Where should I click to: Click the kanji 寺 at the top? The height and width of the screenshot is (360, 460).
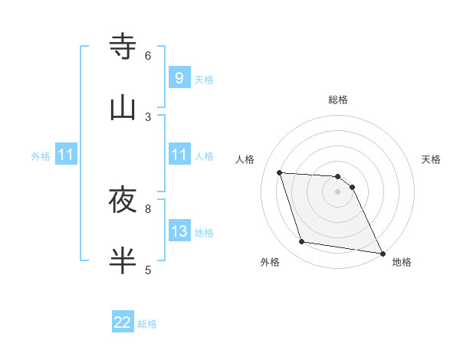(x=123, y=47)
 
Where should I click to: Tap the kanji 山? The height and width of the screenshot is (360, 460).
(x=123, y=108)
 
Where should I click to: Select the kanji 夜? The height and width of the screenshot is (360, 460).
(x=123, y=201)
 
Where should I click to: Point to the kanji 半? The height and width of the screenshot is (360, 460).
(x=123, y=261)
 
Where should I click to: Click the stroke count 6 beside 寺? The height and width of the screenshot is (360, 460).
(x=148, y=55)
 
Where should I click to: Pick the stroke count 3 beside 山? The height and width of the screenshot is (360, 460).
(x=148, y=116)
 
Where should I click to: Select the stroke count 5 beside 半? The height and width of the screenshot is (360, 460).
(x=148, y=270)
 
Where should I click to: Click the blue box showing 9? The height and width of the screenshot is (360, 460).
(x=179, y=77)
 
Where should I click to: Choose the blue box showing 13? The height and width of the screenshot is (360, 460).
(x=179, y=231)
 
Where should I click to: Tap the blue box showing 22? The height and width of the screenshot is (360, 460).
(x=123, y=322)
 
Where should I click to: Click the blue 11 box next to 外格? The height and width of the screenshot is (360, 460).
(x=66, y=155)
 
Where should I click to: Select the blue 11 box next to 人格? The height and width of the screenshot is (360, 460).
(x=179, y=155)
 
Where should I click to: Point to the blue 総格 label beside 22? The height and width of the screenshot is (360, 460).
(x=147, y=324)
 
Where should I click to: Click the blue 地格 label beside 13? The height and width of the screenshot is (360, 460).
(x=204, y=233)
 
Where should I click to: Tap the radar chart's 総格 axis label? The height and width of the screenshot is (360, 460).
(x=338, y=100)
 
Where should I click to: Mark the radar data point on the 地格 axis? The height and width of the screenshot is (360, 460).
(x=382, y=253)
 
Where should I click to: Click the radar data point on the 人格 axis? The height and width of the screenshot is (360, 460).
(x=280, y=172)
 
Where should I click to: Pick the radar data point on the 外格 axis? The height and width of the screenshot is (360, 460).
(x=302, y=242)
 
